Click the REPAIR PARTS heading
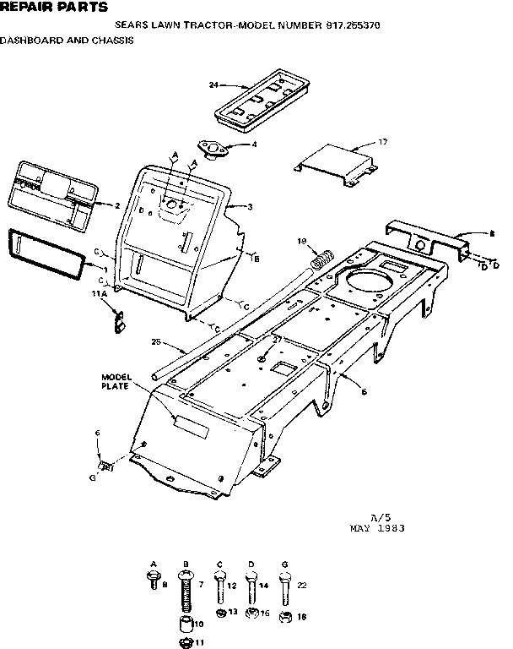(54, 8)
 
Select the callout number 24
(213, 85)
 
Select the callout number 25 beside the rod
(155, 342)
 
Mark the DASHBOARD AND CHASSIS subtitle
(67, 40)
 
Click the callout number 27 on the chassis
(276, 340)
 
